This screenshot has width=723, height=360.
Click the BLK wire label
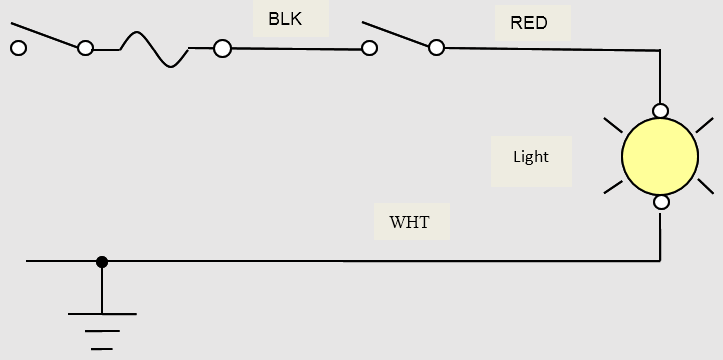[284, 18]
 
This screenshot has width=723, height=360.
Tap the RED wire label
[528, 22]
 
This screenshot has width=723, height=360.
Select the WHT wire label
[410, 222]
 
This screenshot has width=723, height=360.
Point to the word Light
[530, 157]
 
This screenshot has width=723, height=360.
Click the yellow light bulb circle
[659, 156]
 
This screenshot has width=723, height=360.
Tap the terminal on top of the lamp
[660, 110]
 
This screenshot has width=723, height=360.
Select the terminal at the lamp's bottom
[660, 203]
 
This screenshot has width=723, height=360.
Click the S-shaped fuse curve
[153, 47]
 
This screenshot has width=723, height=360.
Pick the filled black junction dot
[102, 261]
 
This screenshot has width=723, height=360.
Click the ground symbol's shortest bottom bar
[102, 349]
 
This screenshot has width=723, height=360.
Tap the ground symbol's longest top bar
[102, 314]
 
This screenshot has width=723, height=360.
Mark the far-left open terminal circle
[18, 47]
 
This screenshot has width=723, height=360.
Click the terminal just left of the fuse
[86, 47]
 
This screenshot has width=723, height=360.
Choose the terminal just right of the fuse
[222, 47]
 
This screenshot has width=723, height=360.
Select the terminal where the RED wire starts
[436, 47]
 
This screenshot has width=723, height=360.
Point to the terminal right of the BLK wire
[370, 47]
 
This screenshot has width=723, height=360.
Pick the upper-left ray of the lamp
[612, 126]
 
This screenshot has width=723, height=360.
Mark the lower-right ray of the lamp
[705, 186]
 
